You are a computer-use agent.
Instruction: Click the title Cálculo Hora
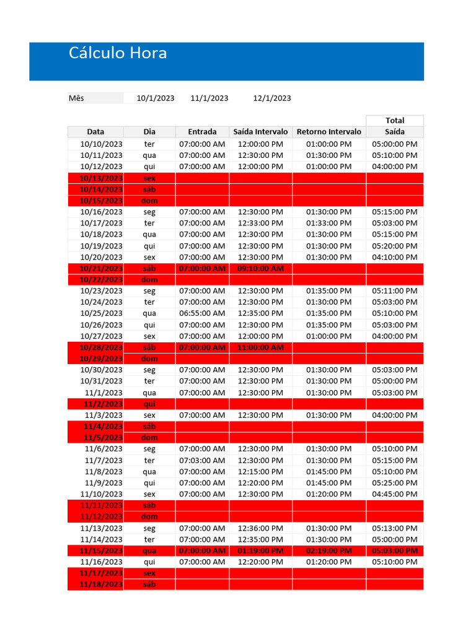coord(118,53)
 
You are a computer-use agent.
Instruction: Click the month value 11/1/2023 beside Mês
coord(209,98)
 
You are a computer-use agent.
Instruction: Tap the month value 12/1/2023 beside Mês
coord(272,98)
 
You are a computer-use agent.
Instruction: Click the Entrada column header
coord(202,132)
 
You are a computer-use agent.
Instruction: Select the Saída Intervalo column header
coord(260,132)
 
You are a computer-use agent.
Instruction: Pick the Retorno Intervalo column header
coord(328,132)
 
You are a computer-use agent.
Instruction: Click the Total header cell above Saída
coord(395,120)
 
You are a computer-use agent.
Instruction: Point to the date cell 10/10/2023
coord(102,144)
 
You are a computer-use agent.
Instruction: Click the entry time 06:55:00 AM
coord(202,313)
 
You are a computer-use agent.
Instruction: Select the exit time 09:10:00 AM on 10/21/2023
coord(260,268)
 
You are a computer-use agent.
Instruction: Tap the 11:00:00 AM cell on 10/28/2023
coord(260,347)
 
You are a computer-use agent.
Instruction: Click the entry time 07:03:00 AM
coord(202,460)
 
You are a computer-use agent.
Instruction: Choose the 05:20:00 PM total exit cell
coord(395,246)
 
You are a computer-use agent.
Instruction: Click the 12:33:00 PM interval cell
coord(260,223)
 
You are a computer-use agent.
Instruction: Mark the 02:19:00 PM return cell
coord(328,550)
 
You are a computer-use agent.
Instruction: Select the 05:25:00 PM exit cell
coord(395,483)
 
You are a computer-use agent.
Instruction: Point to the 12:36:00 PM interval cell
coord(260,528)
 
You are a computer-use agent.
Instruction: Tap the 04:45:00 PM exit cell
coord(395,494)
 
